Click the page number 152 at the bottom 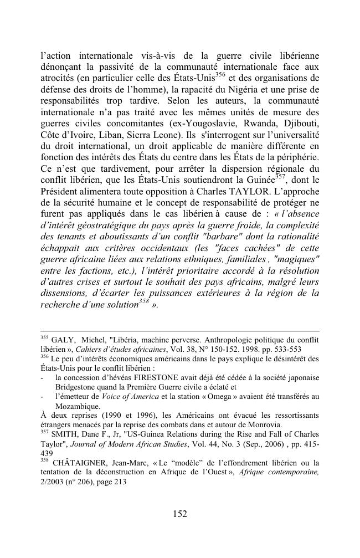179,514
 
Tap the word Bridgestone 80,387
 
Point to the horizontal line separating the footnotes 180,331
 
